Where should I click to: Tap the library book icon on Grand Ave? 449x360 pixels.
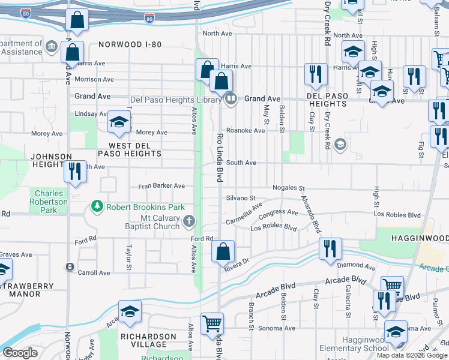[x=230, y=98]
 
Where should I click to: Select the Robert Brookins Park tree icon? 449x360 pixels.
[x=96, y=207]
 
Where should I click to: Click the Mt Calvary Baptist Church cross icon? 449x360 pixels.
[x=189, y=221]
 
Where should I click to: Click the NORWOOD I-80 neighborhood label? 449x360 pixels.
[x=130, y=44]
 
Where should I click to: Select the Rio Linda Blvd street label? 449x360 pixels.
[x=220, y=158]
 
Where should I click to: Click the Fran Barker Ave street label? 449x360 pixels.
[x=161, y=186]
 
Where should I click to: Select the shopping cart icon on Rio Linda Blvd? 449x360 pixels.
[x=212, y=324]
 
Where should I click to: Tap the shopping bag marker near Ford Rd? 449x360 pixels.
[x=223, y=252]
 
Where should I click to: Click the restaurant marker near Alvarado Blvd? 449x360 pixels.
[x=330, y=249]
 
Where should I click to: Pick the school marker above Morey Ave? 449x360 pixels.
[x=119, y=122]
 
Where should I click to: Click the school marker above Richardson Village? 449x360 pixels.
[x=130, y=311]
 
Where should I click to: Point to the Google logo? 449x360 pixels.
[x=20, y=352]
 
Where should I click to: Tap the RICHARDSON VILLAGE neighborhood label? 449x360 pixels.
[x=148, y=340]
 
